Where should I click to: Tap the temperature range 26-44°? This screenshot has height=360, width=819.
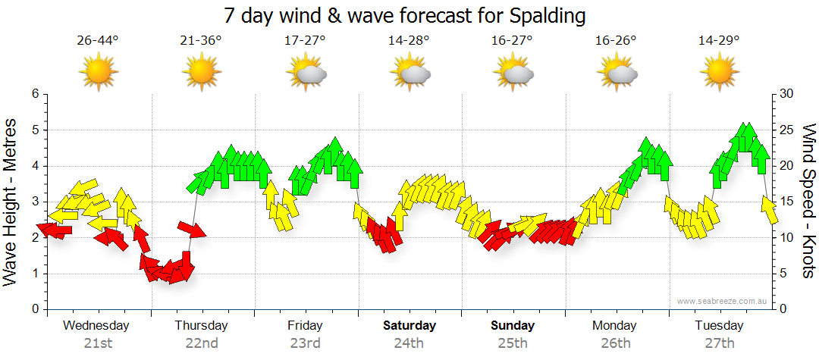98,40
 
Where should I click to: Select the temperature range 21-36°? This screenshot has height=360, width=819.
201,40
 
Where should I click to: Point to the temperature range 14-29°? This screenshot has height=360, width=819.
719,40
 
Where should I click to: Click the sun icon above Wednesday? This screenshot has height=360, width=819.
99,72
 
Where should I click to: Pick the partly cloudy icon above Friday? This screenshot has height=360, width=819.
306,73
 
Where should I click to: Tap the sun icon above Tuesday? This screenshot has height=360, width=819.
719,72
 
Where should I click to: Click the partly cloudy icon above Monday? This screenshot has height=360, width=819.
617,73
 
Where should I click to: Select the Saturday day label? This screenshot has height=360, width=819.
409,326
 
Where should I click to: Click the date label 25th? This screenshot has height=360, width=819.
513,343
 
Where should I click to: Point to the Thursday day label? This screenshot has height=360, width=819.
201,326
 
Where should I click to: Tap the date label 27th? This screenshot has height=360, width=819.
719,343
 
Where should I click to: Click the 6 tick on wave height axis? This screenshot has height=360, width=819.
35,94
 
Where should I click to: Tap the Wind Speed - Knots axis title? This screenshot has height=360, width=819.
808,201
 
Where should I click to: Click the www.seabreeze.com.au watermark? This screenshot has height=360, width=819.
723,301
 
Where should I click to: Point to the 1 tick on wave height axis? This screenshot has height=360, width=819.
35,274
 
